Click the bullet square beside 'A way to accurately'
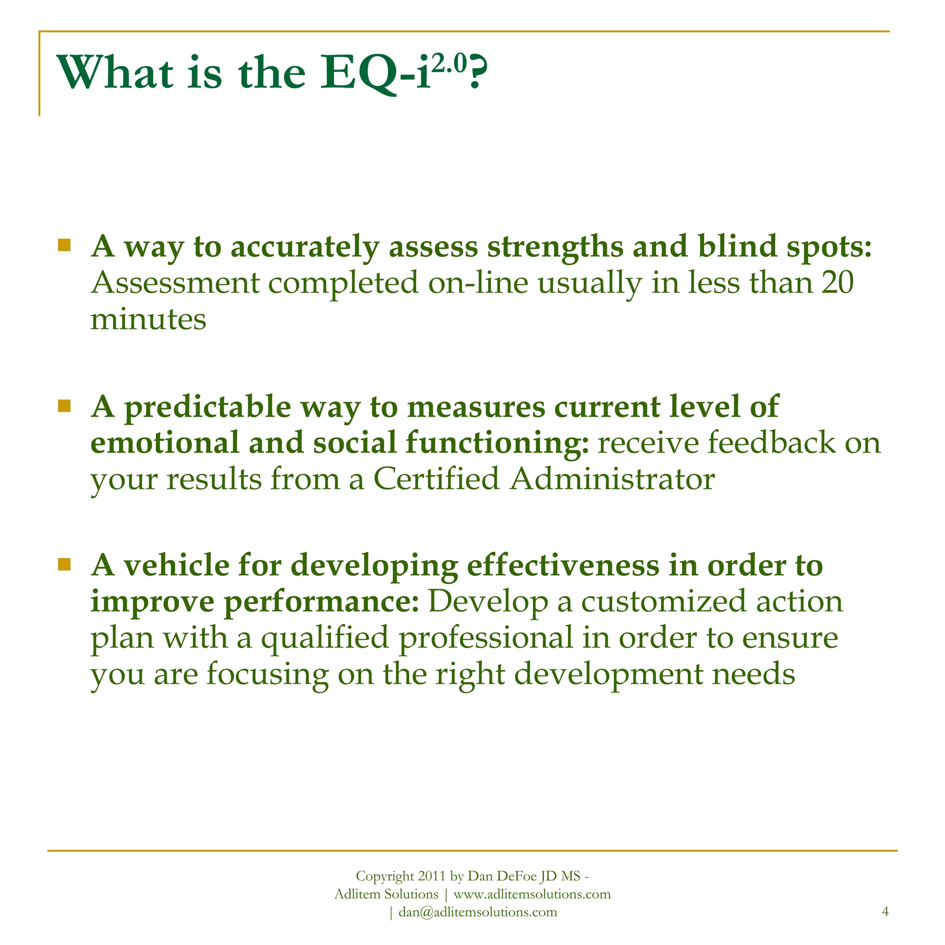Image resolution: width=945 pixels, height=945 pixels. pyautogui.click(x=64, y=245)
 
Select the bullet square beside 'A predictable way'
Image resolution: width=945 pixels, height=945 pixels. pyautogui.click(x=64, y=406)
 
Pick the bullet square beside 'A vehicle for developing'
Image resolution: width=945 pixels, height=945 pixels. pyautogui.click(x=64, y=564)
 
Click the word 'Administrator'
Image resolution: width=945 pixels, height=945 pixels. pyautogui.click(x=612, y=479)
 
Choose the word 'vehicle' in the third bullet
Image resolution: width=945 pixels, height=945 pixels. pyautogui.click(x=176, y=565)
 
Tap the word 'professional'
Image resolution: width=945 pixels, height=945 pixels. pyautogui.click(x=486, y=638)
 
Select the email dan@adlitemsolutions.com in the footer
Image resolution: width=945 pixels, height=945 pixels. pyautogui.click(x=478, y=912)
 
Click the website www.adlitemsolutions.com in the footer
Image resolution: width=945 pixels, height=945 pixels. pyautogui.click(x=532, y=894)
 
